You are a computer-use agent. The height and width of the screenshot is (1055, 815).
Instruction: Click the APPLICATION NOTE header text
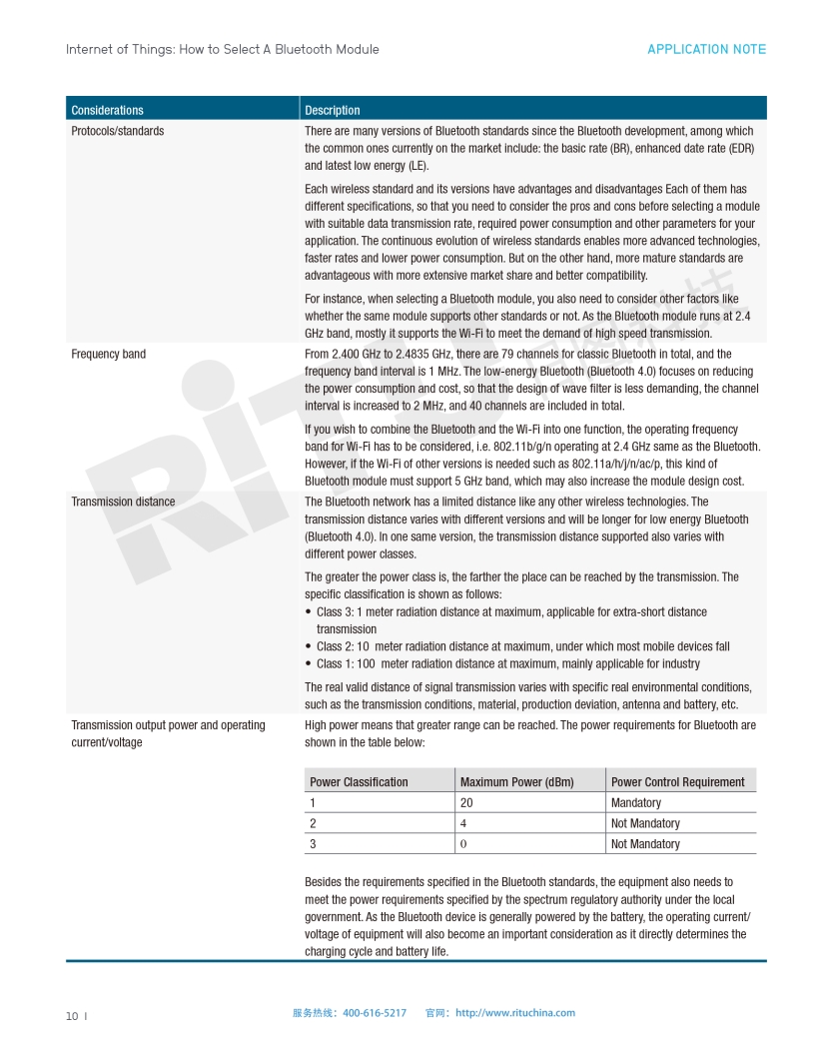click(706, 49)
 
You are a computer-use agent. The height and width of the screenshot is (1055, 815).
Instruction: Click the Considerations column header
click(107, 110)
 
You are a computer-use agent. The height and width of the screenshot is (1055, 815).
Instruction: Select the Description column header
click(333, 110)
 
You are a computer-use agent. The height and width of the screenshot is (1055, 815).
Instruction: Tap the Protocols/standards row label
click(118, 131)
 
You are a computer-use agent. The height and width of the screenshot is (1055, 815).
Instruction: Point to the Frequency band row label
click(108, 354)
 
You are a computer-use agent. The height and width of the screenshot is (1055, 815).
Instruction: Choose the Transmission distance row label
click(123, 502)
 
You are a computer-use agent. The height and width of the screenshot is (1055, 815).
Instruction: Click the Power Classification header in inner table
click(359, 782)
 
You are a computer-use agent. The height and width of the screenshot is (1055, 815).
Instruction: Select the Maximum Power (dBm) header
click(516, 782)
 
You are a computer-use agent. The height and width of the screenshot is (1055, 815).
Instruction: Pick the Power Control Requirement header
click(677, 782)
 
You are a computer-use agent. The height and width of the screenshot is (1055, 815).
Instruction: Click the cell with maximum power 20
click(466, 803)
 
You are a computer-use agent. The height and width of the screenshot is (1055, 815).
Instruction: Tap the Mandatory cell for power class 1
click(635, 803)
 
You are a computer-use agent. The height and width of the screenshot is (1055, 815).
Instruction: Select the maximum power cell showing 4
click(463, 824)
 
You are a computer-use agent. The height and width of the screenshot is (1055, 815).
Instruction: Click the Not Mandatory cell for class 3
click(645, 844)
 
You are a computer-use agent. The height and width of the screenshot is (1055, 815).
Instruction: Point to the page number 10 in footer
click(72, 1016)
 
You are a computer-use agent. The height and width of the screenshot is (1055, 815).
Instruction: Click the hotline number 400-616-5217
click(375, 1013)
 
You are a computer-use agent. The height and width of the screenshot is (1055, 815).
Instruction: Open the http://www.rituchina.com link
click(515, 1013)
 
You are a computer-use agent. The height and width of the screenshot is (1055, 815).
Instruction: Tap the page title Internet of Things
click(222, 49)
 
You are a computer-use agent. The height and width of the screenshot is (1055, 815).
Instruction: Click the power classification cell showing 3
click(313, 844)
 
